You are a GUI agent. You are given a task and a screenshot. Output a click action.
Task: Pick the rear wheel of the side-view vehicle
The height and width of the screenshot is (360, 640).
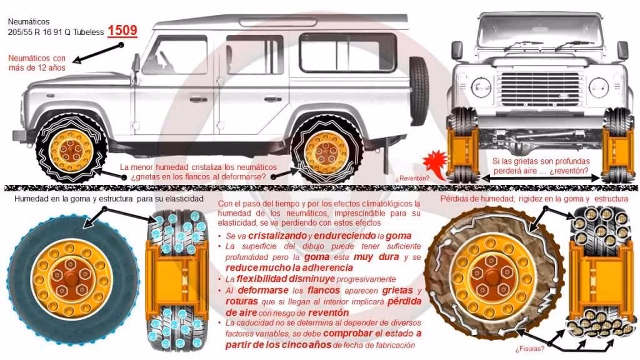tap(324, 151)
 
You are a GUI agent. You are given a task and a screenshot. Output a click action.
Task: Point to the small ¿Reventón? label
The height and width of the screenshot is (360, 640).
tap(412, 178)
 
